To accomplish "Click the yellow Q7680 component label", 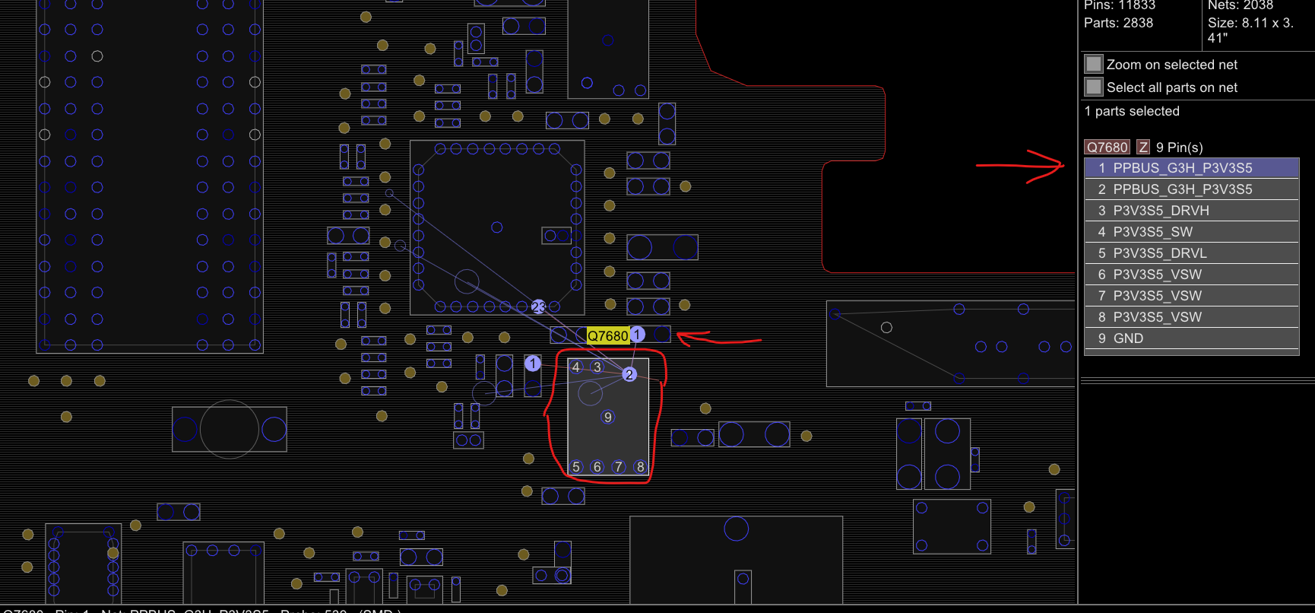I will pyautogui.click(x=607, y=335).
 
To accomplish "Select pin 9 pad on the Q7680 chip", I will pyautogui.click(x=607, y=417).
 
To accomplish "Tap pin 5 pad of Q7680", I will pyautogui.click(x=576, y=467).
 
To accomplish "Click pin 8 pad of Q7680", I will pyautogui.click(x=640, y=467).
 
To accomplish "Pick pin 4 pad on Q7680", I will pyautogui.click(x=576, y=367).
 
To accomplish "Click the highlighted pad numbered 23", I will pyautogui.click(x=538, y=306).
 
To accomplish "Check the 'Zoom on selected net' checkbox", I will pyautogui.click(x=1094, y=64).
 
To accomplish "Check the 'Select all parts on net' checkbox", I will pyautogui.click(x=1094, y=87).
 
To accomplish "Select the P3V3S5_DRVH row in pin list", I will pyautogui.click(x=1191, y=211).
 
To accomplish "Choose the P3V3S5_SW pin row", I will pyautogui.click(x=1191, y=232).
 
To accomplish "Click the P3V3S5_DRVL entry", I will pyautogui.click(x=1191, y=253).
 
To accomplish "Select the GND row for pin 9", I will pyautogui.click(x=1191, y=338).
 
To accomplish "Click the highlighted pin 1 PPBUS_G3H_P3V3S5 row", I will pyautogui.click(x=1191, y=168).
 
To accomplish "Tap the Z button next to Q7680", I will pyautogui.click(x=1143, y=148).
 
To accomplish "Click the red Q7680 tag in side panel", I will pyautogui.click(x=1107, y=148).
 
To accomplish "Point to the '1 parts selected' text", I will pyautogui.click(x=1132, y=111).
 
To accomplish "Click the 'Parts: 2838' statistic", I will pyautogui.click(x=1118, y=23).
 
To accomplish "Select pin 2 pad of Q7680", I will pyautogui.click(x=629, y=374).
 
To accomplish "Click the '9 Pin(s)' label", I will pyautogui.click(x=1179, y=148).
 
